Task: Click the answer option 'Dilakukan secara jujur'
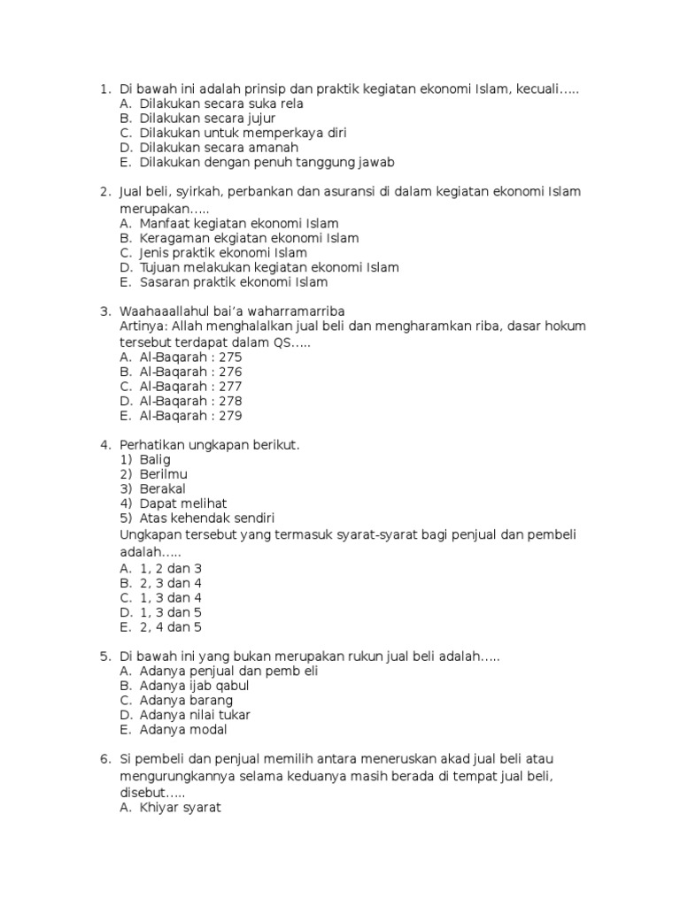pyautogui.click(x=207, y=118)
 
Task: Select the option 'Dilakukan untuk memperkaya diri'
pyautogui.click(x=243, y=133)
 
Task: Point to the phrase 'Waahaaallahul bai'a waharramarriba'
pyautogui.click(x=232, y=311)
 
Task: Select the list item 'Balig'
pyautogui.click(x=155, y=460)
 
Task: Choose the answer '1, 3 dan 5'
pyautogui.click(x=171, y=612)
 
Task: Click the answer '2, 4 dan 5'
pyautogui.click(x=171, y=627)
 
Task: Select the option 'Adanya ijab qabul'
pyautogui.click(x=194, y=686)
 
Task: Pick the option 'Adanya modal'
pyautogui.click(x=183, y=730)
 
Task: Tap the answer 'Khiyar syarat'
pyautogui.click(x=180, y=807)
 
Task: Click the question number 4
pyautogui.click(x=104, y=445)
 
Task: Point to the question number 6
pyautogui.click(x=104, y=759)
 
